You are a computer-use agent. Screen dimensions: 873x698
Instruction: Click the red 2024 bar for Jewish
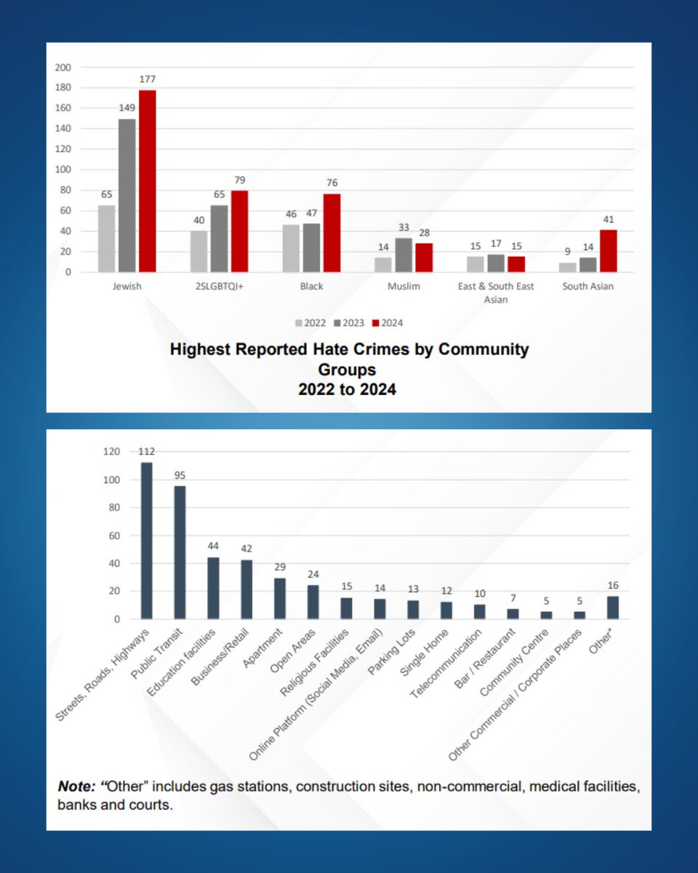[x=148, y=182]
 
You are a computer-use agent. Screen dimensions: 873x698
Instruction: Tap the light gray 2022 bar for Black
[x=291, y=248]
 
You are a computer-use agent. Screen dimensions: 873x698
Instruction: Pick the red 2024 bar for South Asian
[x=607, y=251]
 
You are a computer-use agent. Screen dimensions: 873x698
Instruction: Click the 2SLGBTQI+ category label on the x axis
[x=220, y=287]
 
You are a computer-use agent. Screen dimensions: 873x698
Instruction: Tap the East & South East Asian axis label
[x=497, y=292]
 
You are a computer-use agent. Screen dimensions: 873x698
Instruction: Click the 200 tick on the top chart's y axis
[x=64, y=68]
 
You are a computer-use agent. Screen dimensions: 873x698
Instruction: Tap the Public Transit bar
[x=180, y=553]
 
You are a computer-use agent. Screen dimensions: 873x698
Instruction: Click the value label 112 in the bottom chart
[x=147, y=452]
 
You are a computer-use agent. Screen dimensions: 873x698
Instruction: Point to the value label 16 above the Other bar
[x=612, y=586]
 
